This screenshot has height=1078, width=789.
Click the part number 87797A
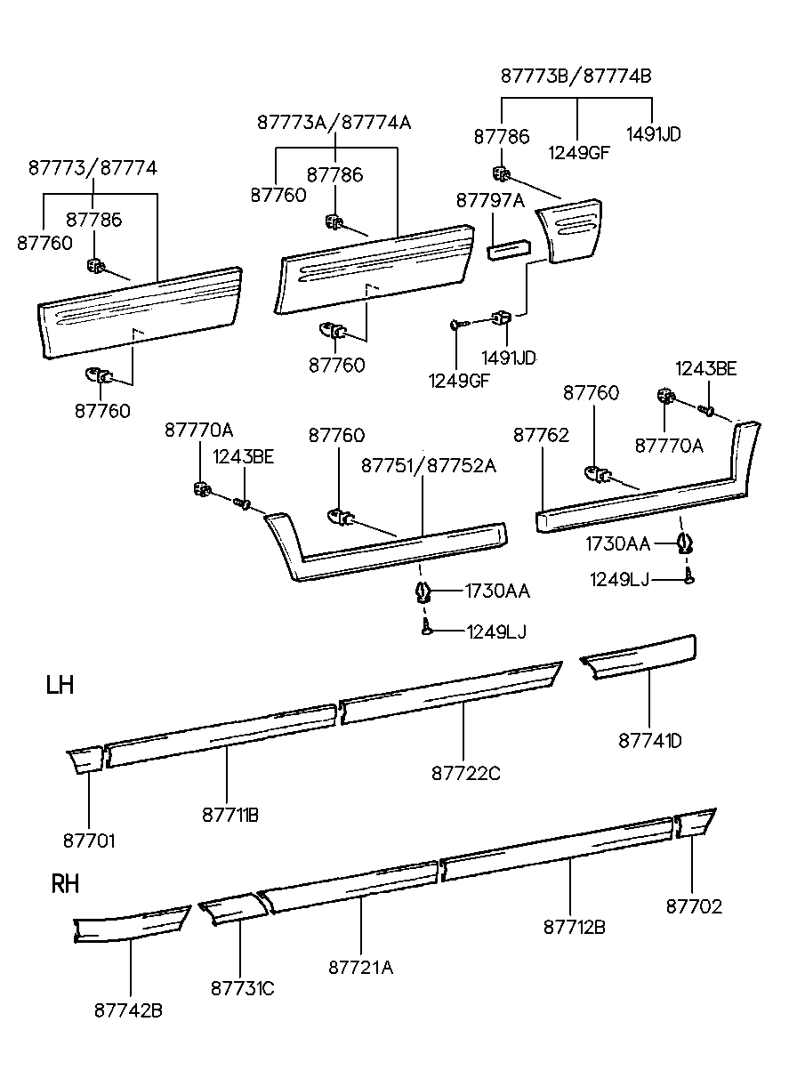490,201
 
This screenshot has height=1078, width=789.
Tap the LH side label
60,685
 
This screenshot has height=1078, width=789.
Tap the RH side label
65,884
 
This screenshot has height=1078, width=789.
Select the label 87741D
650,740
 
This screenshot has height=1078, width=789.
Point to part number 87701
89,840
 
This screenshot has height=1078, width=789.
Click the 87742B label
128,1010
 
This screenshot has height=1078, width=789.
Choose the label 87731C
242,987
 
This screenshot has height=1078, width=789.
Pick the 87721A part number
360,967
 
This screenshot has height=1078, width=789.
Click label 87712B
575,927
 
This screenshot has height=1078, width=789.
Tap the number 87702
694,906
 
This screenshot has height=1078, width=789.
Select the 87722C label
466,774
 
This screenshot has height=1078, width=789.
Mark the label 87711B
229,814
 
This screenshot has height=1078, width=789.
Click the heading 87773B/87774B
576,76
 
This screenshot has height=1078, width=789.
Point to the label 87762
541,435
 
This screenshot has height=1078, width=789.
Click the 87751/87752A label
428,465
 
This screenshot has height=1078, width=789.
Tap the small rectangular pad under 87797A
509,246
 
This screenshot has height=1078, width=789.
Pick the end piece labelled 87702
695,823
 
